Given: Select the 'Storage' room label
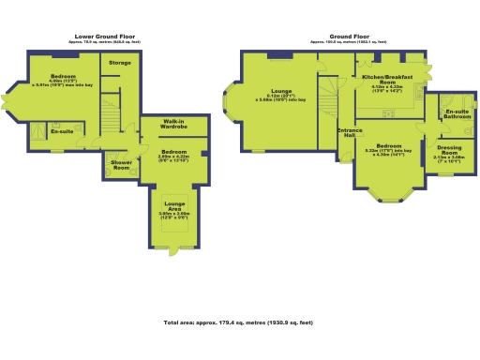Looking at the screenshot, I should [120, 63].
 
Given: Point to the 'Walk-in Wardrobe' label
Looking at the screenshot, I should [172, 124].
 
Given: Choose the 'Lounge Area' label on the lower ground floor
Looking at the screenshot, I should [174, 205].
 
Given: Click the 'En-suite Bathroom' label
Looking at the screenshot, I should [457, 114].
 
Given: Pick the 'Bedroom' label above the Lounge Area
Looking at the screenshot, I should [173, 151].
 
